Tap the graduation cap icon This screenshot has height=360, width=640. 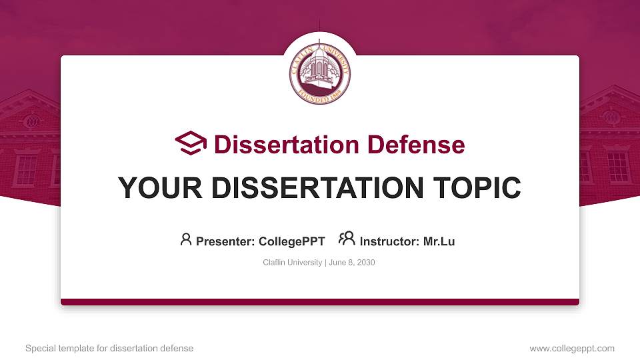191,143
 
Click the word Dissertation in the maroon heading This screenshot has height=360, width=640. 287,145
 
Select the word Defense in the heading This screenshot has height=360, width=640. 416,145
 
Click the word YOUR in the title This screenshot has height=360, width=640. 160,188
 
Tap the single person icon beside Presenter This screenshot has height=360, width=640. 186,239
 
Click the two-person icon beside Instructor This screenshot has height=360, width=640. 347,239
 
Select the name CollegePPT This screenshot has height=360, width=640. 292,241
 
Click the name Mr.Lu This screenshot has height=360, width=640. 439,241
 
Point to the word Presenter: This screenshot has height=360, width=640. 225,241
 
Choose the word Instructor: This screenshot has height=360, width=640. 389,241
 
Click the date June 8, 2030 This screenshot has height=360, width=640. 352,263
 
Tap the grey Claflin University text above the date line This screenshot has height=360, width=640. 292,263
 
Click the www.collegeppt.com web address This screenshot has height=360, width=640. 572,349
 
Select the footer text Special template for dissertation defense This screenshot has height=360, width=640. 109,349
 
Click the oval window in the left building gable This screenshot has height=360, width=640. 32,121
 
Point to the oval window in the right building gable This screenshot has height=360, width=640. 611,117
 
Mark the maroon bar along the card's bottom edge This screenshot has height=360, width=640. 320,302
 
